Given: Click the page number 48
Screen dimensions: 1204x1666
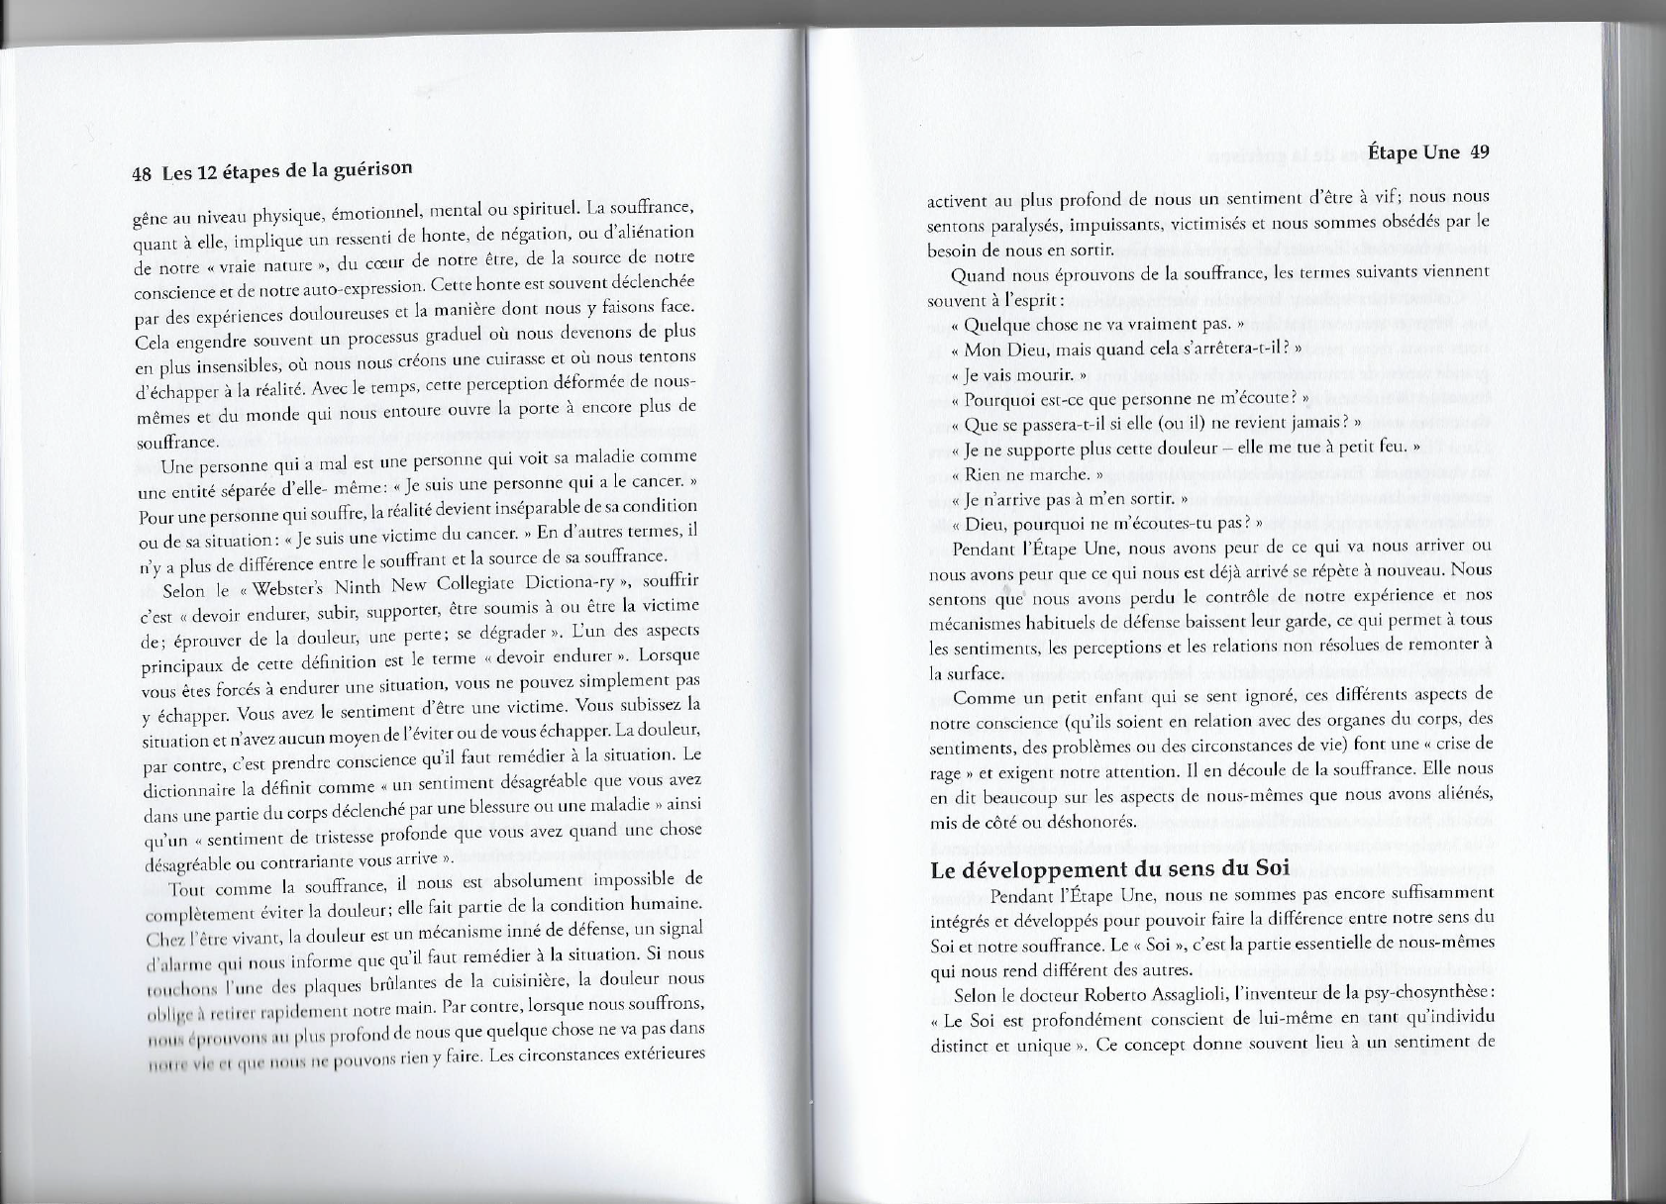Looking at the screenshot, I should click(x=141, y=175).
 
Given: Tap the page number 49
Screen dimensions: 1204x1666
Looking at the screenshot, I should click(x=1481, y=151).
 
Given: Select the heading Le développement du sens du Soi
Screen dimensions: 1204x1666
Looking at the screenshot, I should click(x=1110, y=871).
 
